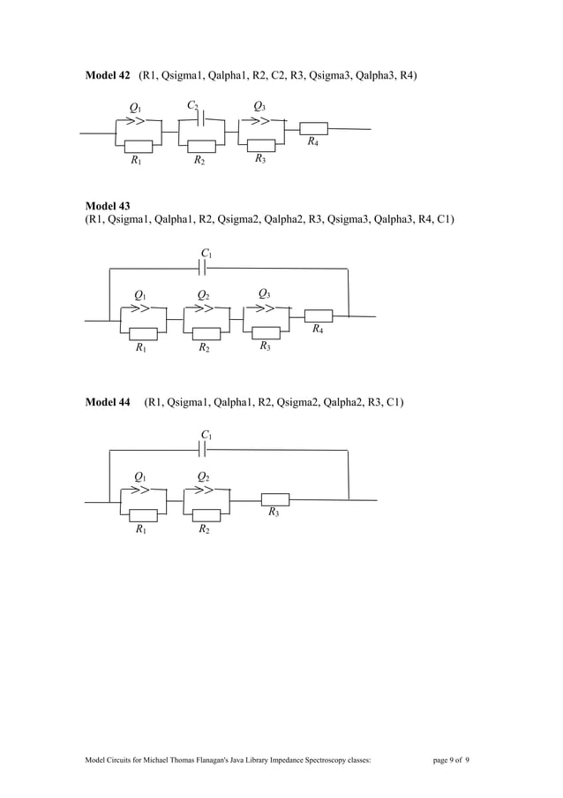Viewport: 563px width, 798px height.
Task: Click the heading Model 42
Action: point(107,76)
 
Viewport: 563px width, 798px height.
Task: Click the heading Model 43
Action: point(107,206)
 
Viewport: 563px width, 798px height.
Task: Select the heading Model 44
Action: point(107,403)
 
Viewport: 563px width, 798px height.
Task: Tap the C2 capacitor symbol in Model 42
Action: point(202,118)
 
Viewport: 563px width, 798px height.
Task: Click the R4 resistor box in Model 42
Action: point(313,128)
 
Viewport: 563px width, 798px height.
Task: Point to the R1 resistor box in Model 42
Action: point(139,147)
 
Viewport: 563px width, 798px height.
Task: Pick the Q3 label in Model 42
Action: point(259,107)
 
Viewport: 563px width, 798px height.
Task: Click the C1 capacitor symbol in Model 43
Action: point(204,268)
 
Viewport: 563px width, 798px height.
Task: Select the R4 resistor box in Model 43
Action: point(318,315)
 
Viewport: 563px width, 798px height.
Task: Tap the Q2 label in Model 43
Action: point(203,295)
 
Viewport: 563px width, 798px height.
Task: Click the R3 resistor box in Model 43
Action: point(266,333)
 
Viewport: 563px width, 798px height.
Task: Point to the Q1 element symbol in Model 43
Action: point(139,308)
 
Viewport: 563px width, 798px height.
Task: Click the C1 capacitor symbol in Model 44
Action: point(204,449)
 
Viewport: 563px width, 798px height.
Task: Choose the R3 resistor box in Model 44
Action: point(275,498)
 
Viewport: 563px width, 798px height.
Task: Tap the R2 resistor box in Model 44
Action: point(206,515)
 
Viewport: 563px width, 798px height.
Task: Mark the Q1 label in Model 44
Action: point(140,477)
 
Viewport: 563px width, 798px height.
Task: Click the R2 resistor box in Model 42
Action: point(202,147)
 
